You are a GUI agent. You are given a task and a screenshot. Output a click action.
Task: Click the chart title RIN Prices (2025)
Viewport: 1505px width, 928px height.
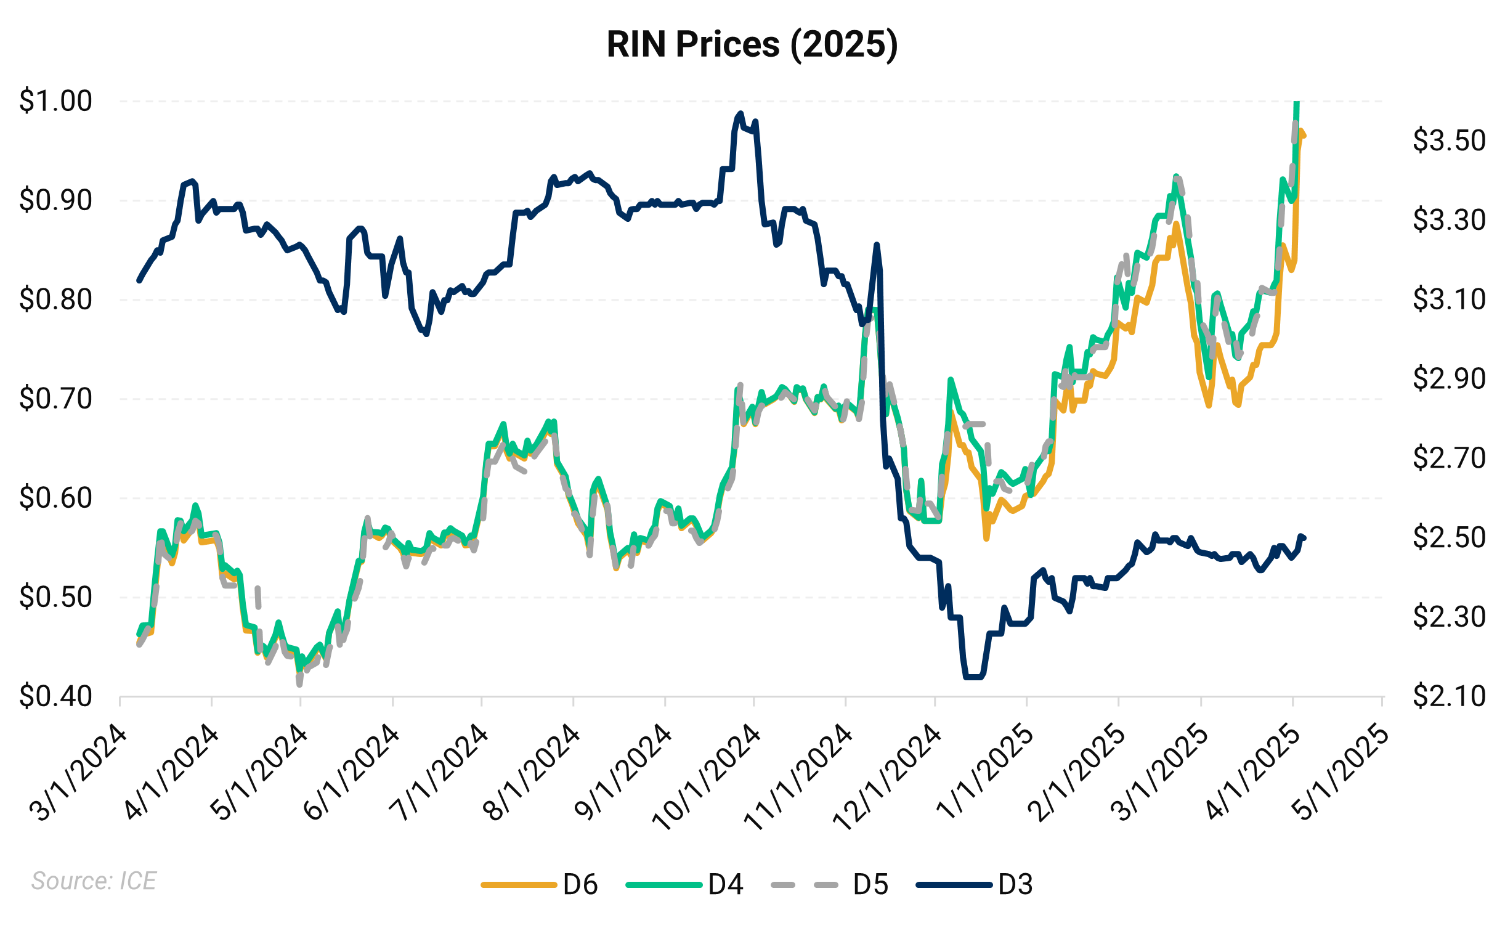click(x=752, y=44)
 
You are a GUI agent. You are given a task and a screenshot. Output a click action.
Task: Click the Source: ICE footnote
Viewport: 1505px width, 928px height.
click(x=94, y=881)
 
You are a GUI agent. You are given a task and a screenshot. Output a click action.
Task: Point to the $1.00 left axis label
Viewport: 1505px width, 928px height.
click(x=55, y=101)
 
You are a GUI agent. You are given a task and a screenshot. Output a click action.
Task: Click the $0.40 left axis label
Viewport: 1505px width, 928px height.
click(x=55, y=696)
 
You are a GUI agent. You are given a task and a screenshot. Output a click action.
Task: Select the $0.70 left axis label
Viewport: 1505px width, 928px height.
click(x=55, y=399)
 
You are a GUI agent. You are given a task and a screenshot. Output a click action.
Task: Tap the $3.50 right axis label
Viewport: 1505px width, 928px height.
click(x=1449, y=140)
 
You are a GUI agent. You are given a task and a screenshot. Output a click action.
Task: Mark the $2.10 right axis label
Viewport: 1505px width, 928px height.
click(x=1449, y=696)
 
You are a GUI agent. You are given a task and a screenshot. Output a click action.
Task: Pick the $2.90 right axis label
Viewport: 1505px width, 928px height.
click(x=1449, y=378)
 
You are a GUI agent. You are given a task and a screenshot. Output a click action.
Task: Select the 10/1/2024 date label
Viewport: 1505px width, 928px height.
click(x=707, y=778)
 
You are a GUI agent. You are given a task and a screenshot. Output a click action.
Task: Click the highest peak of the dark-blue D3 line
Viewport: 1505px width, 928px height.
click(x=740, y=113)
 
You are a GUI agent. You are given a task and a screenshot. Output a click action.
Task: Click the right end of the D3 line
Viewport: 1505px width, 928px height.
click(x=1305, y=538)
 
